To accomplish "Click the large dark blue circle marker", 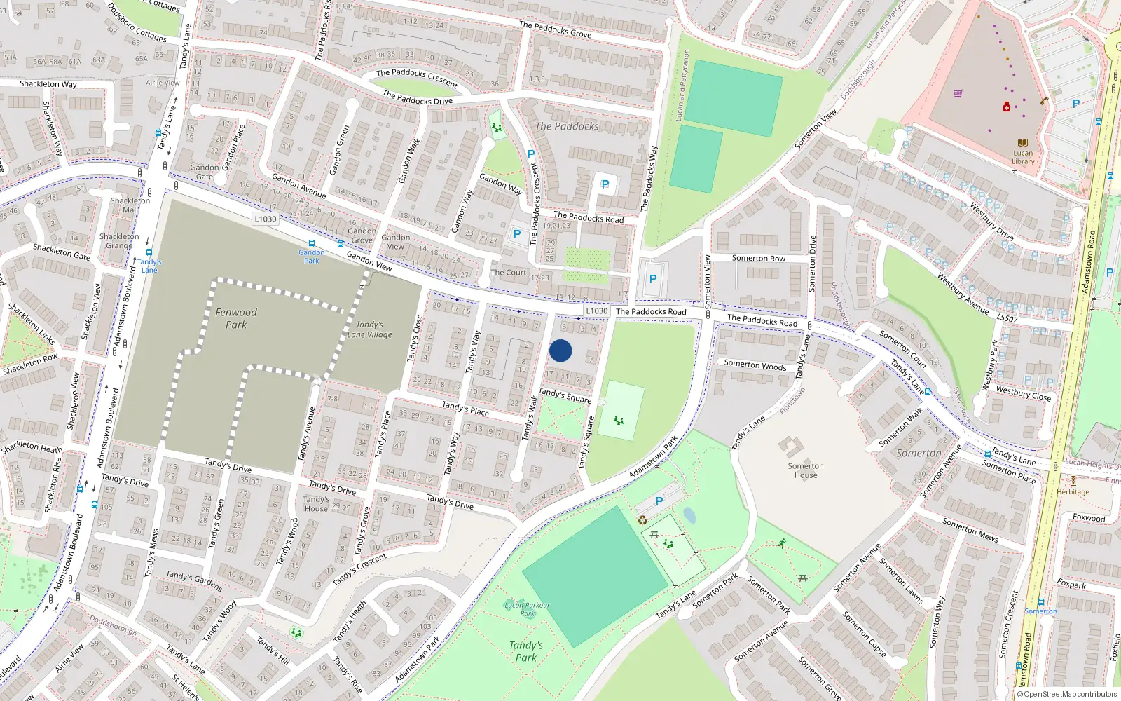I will point(560,350).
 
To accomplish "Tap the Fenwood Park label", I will point(236,318).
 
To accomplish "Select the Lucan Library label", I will point(1023,157).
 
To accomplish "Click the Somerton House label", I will point(806,470).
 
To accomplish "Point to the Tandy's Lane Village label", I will point(369,329).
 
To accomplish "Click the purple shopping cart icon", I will point(958,93).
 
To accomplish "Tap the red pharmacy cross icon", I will point(1007,107).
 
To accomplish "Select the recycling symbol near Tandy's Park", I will point(642,520).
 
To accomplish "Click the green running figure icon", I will point(781,543).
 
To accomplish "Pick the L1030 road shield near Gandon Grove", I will point(266,219).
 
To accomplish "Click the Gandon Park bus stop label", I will point(311,256).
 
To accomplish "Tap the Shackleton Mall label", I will point(130,205).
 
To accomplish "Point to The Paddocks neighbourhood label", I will point(567,126).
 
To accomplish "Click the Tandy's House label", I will point(316,503).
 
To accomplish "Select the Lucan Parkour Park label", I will point(527,608).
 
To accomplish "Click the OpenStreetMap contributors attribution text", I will point(1067,695).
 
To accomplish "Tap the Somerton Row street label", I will point(759,258).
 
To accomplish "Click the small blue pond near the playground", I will point(689,516).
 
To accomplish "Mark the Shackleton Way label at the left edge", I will point(48,84).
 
